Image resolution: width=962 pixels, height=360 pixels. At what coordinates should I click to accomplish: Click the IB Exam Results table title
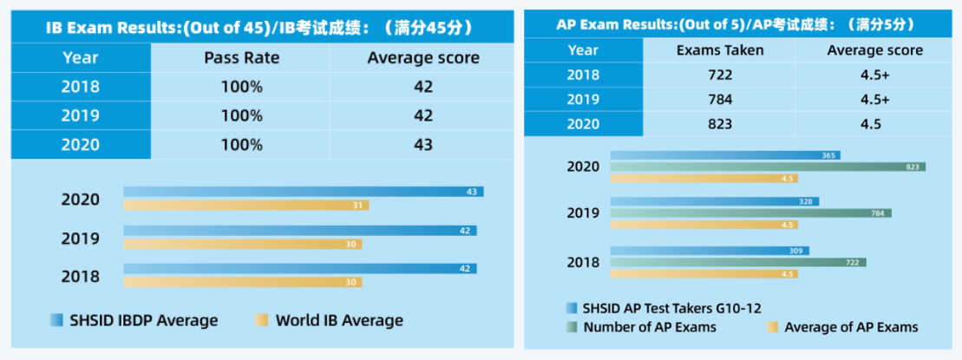tap(259, 28)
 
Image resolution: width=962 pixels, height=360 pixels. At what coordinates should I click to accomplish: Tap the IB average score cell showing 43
tap(422, 144)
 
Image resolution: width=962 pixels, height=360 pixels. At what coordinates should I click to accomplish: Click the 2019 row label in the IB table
tap(81, 115)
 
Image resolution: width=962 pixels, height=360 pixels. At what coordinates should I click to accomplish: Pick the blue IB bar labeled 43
tap(303, 192)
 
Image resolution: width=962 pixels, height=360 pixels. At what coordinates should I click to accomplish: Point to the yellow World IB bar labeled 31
tap(245, 206)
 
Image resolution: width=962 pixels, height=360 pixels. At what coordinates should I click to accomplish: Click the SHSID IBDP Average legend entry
tap(134, 320)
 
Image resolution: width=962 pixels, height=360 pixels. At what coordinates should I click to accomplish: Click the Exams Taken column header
tap(720, 49)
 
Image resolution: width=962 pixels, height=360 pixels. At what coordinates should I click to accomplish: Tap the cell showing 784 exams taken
tap(720, 99)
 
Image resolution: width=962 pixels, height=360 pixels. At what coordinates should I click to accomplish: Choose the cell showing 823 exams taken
tap(720, 124)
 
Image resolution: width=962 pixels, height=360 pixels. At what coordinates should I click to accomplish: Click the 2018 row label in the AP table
tap(583, 75)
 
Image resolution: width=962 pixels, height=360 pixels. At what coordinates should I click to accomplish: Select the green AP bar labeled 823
tap(768, 167)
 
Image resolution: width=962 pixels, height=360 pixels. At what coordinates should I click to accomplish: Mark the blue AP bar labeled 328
tap(714, 201)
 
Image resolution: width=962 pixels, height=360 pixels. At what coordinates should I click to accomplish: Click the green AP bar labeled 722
tap(737, 262)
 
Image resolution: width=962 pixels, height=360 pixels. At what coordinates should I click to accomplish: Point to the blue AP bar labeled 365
tap(725, 155)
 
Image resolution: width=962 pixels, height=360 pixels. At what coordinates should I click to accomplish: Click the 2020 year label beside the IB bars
tap(80, 199)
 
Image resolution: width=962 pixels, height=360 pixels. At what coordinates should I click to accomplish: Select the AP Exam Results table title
tap(740, 24)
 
